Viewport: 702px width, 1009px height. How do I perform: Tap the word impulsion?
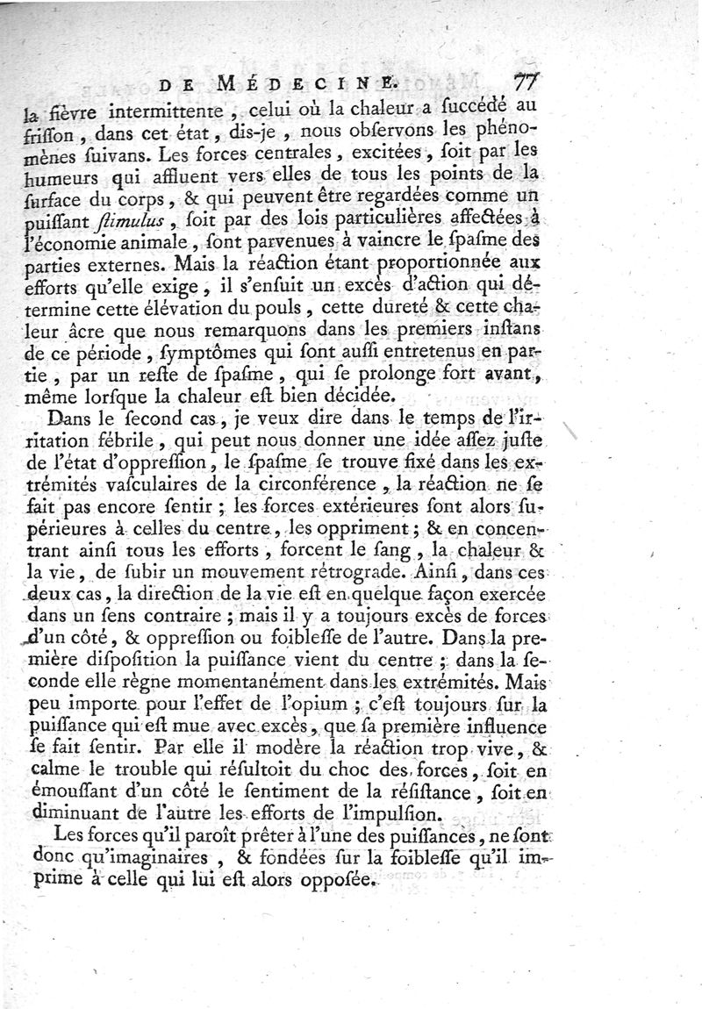click(x=422, y=814)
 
